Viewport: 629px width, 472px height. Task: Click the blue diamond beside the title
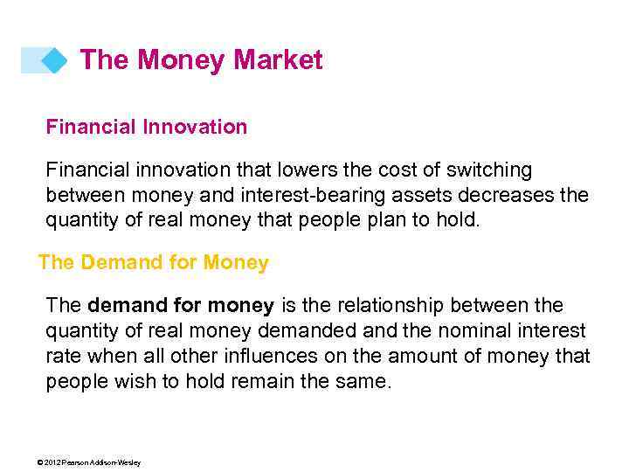(53, 60)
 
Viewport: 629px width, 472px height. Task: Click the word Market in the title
(278, 60)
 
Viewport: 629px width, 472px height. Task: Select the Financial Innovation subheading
(147, 127)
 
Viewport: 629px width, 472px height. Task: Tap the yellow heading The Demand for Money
(154, 262)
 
